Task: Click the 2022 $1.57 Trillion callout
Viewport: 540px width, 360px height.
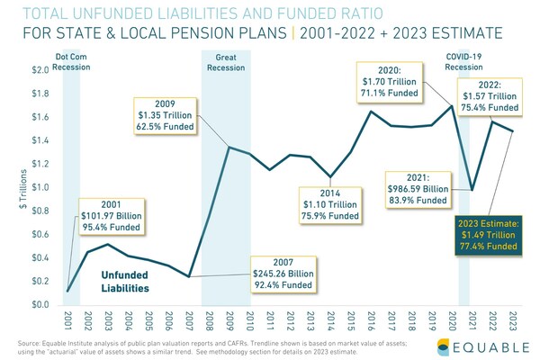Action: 498,93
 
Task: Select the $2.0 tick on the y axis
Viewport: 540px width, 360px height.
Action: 40,70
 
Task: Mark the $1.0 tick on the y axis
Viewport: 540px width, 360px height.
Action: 40,187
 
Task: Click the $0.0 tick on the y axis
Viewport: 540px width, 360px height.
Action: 40,305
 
